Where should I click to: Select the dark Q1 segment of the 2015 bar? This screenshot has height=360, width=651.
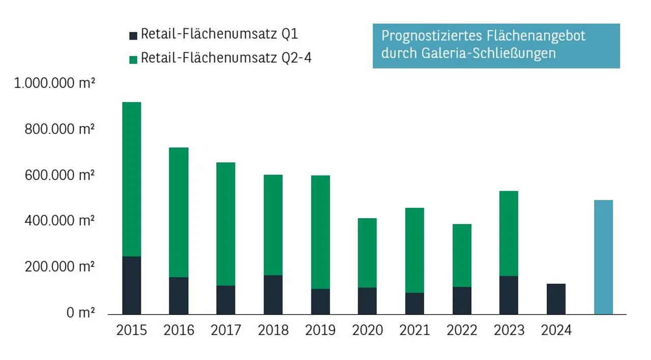click(x=132, y=285)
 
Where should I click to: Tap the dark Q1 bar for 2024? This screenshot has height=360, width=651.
click(x=556, y=299)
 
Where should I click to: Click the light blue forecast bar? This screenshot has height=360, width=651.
click(x=603, y=257)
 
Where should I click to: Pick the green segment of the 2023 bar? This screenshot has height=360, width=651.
click(x=509, y=233)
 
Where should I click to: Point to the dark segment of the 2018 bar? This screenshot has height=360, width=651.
click(x=273, y=295)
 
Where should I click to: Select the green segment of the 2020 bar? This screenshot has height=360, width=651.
click(x=367, y=253)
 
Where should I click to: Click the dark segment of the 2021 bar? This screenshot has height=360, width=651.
click(x=415, y=304)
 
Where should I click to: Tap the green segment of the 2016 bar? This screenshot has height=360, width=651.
click(x=179, y=212)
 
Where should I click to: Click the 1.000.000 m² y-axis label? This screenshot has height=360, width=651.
click(x=54, y=83)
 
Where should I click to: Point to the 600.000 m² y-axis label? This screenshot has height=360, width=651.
click(x=60, y=175)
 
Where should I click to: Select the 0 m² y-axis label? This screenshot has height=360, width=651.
click(x=80, y=313)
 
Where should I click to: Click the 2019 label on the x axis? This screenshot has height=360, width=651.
click(x=320, y=331)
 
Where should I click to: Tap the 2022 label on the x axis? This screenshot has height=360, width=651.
click(x=462, y=331)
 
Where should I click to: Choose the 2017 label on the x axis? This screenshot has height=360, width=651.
click(x=226, y=331)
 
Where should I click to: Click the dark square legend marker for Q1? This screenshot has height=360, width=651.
click(x=133, y=36)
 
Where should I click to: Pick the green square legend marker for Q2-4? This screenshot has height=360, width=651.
click(x=133, y=59)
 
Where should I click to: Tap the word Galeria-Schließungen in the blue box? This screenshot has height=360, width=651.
click(x=488, y=53)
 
